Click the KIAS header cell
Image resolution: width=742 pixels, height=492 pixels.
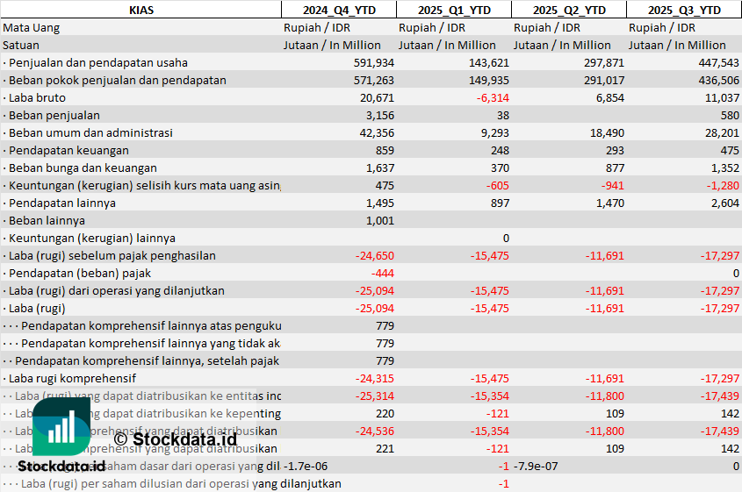point(140,10)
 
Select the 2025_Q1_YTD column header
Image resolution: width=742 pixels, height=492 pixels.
point(453,10)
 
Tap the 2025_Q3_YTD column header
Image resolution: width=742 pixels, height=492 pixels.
point(684,10)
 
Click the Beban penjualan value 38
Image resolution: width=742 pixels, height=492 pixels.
point(502,115)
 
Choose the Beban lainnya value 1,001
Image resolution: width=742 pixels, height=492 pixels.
point(379,220)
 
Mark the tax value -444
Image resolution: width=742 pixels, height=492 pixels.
point(382,273)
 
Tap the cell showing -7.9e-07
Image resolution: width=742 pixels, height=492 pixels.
point(537,466)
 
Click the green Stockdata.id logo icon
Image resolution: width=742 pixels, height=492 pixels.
point(61,429)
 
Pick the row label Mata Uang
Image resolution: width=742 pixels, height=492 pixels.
point(32,27)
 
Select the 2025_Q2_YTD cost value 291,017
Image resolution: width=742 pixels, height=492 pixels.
point(604,80)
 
